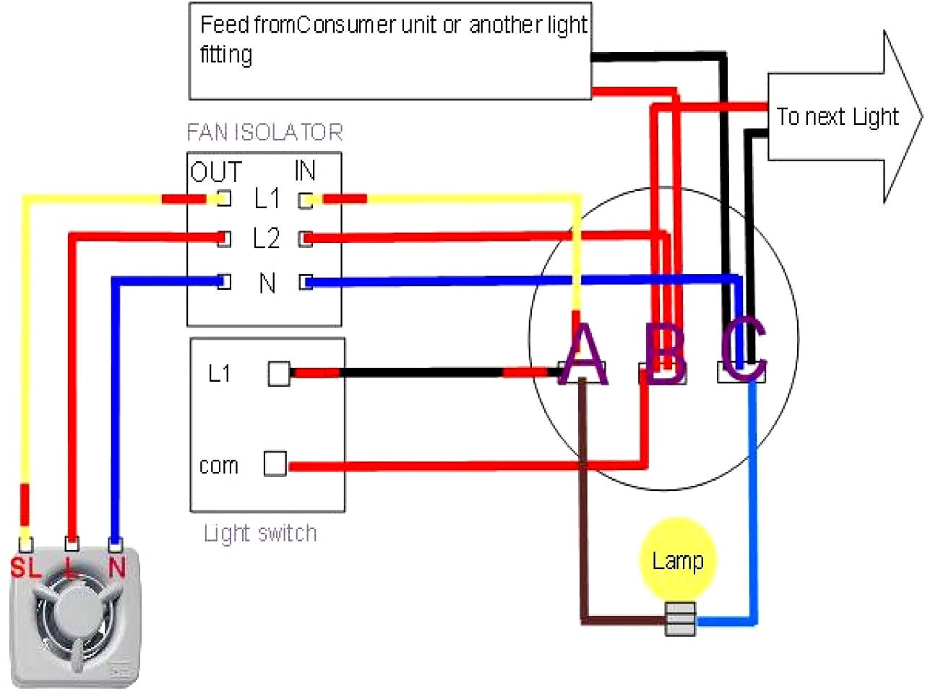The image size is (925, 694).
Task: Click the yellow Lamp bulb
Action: coord(678,560)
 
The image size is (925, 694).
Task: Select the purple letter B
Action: coord(665,354)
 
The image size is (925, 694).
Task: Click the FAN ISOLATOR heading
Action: coord(264,132)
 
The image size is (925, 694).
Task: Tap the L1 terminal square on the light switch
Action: coord(279,374)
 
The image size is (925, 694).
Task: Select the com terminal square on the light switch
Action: coord(275,464)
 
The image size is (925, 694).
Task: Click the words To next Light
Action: coord(838,117)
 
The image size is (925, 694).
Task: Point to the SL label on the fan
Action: coord(25,567)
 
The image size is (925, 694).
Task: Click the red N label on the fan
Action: coord(117,567)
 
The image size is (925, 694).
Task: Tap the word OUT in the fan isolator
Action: coord(216,171)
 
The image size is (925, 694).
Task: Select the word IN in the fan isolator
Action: coord(305,170)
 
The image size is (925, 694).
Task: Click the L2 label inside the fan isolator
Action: coord(267,238)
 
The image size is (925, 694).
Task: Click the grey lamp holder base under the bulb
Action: coord(680,619)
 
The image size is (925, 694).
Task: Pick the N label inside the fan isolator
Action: coord(267,283)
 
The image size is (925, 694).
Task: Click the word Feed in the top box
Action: coord(225,25)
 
